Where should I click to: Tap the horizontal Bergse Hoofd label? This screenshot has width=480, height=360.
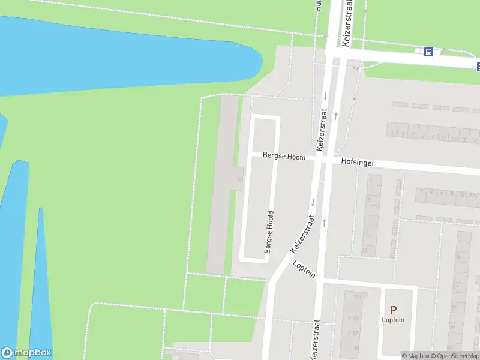tap(284, 157)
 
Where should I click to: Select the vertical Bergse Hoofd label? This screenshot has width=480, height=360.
tap(270, 232)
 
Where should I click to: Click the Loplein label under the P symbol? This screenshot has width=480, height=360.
tap(393, 320)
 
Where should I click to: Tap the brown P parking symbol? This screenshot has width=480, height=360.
tap(393, 310)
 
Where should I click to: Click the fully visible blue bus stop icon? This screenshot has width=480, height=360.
tap(428, 52)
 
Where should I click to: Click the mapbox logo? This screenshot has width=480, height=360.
tap(26, 353)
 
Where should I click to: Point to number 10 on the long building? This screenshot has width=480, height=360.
tap(240, 179)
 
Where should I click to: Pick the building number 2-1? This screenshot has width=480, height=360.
tap(358, 297)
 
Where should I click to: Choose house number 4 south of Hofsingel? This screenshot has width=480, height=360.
tap(431, 193)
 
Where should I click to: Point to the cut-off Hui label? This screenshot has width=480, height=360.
tap(319, 6)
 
